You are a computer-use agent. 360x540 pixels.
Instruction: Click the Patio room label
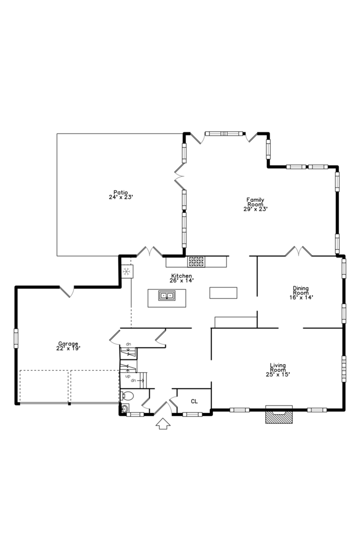[x=120, y=192]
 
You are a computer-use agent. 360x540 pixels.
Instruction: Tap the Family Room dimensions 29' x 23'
[x=255, y=209]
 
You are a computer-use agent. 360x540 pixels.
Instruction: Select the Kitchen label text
[x=181, y=276]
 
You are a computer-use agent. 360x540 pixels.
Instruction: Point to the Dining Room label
[x=300, y=288]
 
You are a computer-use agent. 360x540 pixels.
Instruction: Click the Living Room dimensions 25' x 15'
[x=278, y=373]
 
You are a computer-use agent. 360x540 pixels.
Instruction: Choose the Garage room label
[x=68, y=343]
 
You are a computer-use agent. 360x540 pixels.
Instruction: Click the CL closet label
[x=194, y=401]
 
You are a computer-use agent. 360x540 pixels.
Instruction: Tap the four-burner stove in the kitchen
[x=196, y=261]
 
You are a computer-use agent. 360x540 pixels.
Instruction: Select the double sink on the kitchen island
[x=167, y=295]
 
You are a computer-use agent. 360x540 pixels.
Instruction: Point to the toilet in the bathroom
[x=128, y=396]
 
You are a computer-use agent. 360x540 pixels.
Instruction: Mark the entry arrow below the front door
[x=163, y=424]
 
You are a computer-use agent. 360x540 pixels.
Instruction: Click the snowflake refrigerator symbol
[x=127, y=271]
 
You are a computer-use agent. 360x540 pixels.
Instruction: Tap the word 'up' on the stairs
[x=127, y=375]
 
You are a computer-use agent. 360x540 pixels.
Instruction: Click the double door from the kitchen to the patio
[x=149, y=251]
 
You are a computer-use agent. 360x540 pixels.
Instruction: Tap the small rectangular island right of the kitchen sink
[x=223, y=292]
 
